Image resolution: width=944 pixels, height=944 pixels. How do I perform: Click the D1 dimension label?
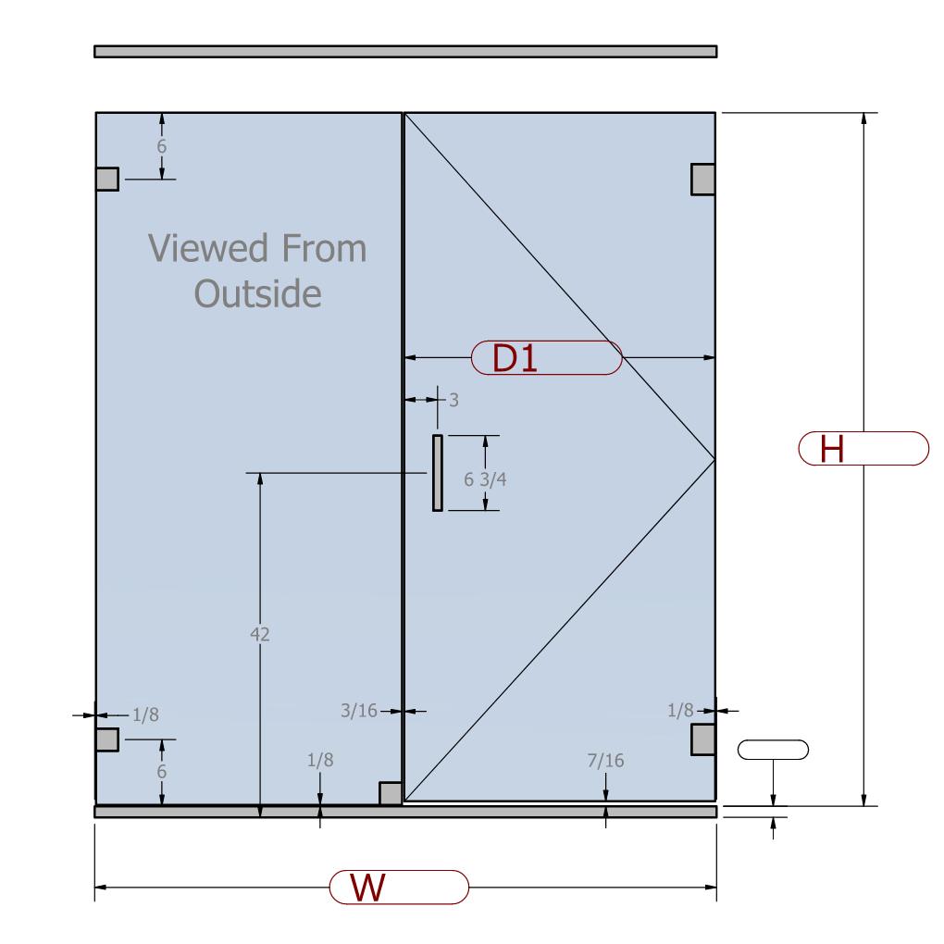pos(515,358)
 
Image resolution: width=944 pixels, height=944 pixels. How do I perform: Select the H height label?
pos(832,449)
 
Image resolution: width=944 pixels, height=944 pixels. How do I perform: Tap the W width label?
pos(367,888)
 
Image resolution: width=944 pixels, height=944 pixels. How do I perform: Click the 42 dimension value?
pos(259,634)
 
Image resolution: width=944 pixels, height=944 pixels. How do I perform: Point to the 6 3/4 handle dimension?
pos(485,479)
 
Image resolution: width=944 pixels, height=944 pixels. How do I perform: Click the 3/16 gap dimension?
pos(359,711)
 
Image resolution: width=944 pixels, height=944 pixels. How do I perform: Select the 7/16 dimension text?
pos(605,761)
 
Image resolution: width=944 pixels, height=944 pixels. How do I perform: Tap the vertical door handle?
pos(438,473)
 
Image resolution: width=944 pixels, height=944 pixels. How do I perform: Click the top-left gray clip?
pos(107,179)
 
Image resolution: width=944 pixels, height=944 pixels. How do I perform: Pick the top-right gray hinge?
pos(703,180)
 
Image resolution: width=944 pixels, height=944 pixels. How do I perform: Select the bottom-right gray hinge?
pos(703,739)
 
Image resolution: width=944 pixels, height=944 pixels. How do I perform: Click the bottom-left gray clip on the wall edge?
pos(107,739)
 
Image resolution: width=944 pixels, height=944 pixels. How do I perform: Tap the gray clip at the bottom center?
pos(391,793)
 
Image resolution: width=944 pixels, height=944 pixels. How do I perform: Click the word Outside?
pos(257,293)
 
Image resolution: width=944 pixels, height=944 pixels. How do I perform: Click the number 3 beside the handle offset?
pos(453,400)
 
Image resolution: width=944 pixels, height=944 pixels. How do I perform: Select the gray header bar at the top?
pos(405,51)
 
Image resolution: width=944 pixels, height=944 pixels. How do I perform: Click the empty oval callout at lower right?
pos(773,750)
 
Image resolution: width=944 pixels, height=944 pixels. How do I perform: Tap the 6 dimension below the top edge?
pos(161,146)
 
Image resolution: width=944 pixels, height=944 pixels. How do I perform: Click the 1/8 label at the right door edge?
pos(680,711)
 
